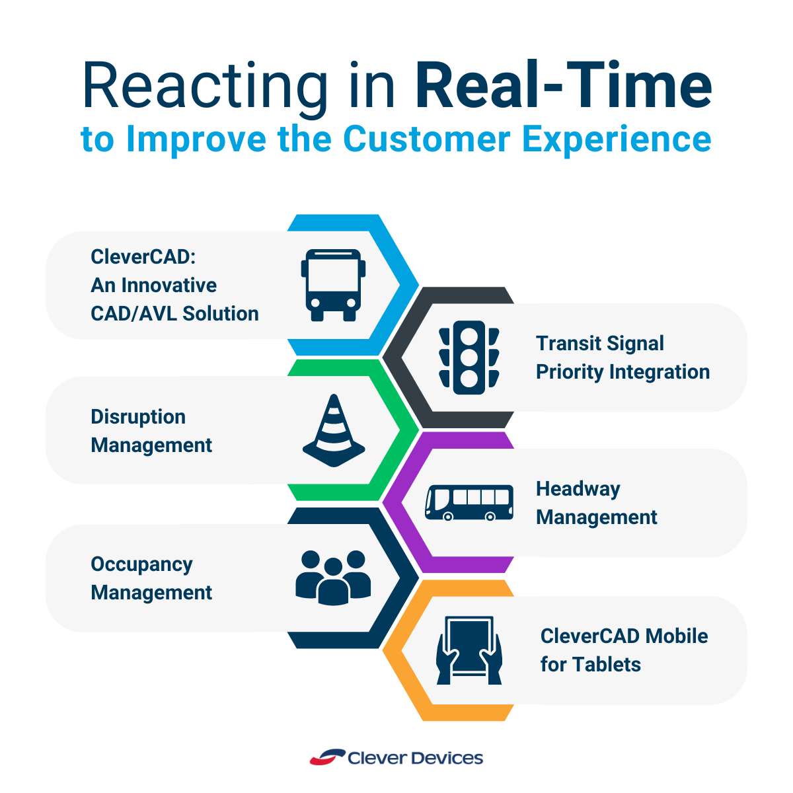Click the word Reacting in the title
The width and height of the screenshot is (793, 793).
tap(205, 86)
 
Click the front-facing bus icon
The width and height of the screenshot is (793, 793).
tap(333, 285)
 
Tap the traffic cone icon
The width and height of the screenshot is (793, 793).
tap(334, 430)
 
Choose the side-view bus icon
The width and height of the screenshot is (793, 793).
tap(469, 502)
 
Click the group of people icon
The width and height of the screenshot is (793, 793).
tap(333, 577)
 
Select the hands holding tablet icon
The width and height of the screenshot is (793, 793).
tap(469, 650)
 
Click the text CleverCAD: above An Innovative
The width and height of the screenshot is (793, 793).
tap(143, 256)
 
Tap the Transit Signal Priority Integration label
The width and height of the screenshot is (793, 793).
tap(623, 358)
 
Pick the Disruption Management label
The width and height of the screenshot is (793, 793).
tap(151, 431)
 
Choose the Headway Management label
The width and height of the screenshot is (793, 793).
tap(596, 503)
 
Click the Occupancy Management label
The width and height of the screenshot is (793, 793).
tap(151, 578)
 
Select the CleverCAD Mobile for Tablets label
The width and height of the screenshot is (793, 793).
tap(624, 650)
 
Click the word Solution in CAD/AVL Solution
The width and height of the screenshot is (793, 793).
tap(221, 313)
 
